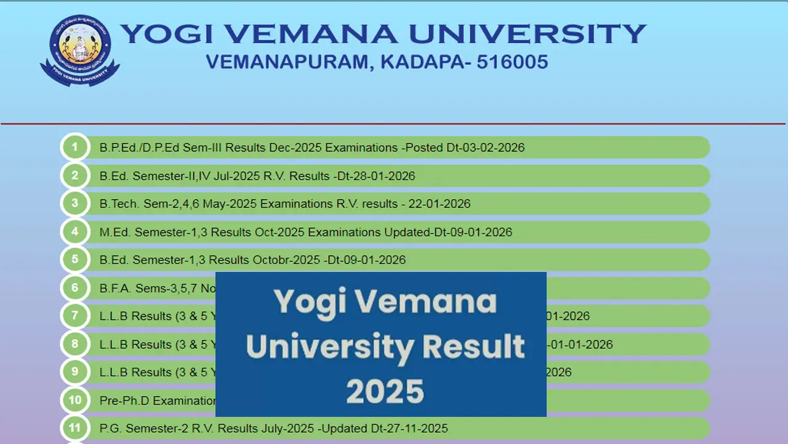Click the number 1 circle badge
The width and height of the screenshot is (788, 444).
75,147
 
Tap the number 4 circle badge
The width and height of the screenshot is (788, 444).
75,232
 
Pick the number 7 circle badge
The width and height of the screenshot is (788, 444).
75,316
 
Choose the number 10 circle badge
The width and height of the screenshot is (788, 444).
75,400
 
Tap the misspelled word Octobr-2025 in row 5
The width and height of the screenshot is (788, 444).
286,260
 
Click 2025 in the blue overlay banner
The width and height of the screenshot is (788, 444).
385,391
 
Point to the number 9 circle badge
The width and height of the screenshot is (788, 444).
75,372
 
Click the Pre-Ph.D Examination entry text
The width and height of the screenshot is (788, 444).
157,401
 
